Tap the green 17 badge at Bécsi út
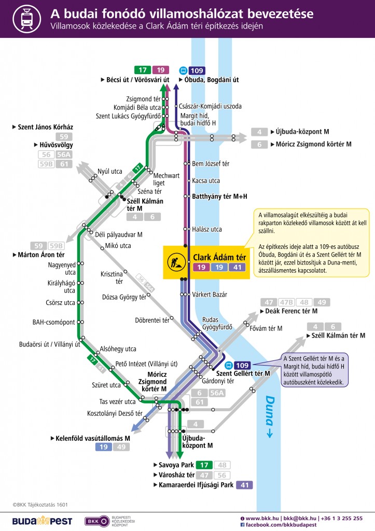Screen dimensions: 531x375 point(142,69)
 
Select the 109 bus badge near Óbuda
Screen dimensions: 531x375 point(197,71)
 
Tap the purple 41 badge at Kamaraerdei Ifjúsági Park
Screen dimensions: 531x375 point(244,485)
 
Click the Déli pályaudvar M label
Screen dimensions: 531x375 point(119,234)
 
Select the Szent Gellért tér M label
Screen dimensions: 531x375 point(243,373)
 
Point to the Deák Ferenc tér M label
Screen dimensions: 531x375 point(291,311)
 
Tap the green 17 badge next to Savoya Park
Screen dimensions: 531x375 point(205,465)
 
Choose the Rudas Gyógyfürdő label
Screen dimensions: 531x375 point(214,324)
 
